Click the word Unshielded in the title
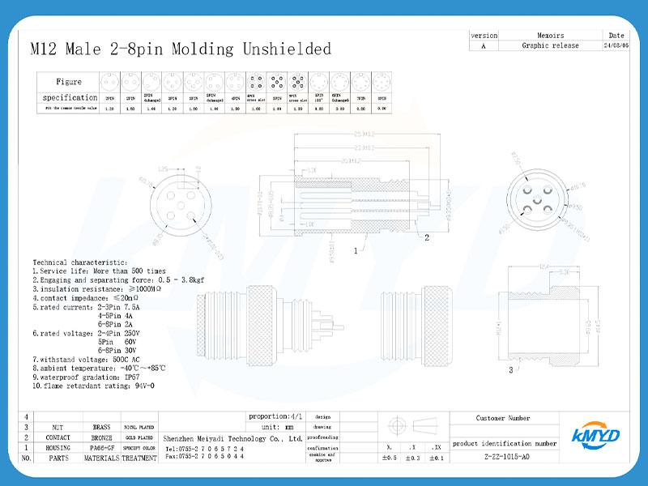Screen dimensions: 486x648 click(287, 49)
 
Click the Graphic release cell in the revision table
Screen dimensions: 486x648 click(550, 46)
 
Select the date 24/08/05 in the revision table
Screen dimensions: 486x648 click(615, 46)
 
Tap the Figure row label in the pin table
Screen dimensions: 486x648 click(69, 82)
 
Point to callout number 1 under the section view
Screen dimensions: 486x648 click(355, 251)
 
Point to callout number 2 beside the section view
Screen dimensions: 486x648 click(427, 237)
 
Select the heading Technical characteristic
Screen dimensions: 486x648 click(79, 262)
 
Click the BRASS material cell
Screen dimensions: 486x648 click(101, 426)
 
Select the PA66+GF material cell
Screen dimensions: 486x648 click(101, 447)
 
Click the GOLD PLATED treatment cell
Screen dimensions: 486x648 click(139, 437)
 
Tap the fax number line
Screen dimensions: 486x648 click(204, 457)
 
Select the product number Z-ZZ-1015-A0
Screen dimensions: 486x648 click(502, 457)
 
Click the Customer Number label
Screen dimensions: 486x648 click(502, 418)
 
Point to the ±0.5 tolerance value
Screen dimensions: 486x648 click(390, 458)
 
